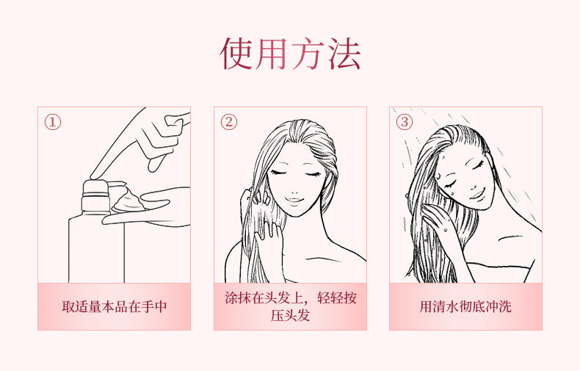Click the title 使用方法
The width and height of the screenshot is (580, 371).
pos(290,54)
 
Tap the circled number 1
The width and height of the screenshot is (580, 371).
pos(53,122)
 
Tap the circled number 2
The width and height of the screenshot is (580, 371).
pos(228,122)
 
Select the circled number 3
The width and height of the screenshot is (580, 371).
pos(404,122)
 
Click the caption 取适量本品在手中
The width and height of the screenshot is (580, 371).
pos(115,306)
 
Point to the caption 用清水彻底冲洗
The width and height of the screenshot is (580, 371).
pos(465,306)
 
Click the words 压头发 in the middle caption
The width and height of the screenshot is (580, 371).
pos(290,316)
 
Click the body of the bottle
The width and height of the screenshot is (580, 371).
pos(97,249)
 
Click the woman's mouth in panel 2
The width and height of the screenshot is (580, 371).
pos(294,201)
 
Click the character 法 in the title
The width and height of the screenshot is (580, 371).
pos(344,54)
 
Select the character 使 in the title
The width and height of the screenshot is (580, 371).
pos(236,54)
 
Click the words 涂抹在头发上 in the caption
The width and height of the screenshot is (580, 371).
pos(264,298)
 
